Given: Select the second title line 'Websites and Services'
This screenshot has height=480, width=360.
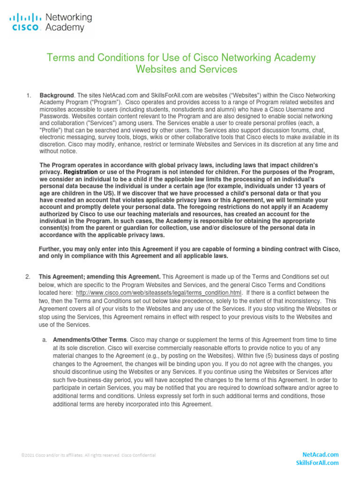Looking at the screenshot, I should pos(186,69).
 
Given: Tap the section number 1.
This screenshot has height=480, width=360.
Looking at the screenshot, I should pos(29,96).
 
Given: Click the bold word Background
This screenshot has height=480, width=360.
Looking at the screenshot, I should pos(56,96).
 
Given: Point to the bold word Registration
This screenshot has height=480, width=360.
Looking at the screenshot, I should pos(81,172).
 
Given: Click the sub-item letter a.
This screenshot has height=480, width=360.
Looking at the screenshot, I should pos(45,339).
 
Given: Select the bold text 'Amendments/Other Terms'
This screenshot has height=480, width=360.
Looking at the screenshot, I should pos(90,339).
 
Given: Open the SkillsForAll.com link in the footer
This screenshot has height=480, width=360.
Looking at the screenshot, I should pos(317,463).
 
